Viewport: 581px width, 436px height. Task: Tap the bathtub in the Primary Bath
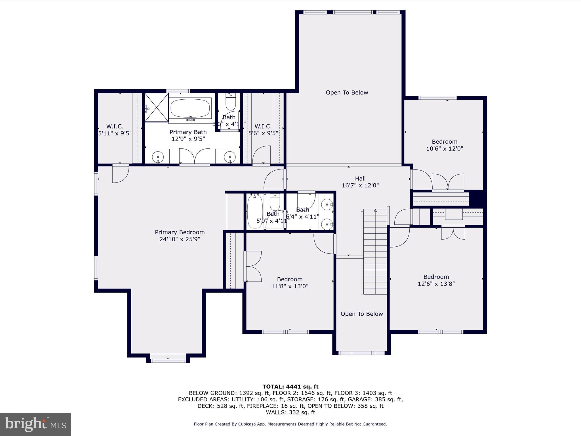pos(190,108)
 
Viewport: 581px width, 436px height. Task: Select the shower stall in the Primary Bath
pos(157,107)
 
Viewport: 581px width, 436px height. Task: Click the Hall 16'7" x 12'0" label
pos(360,182)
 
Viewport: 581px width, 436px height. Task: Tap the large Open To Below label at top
pos(347,93)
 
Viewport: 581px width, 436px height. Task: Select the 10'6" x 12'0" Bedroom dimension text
pos(445,148)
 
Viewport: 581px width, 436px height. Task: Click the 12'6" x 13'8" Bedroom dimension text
pos(436,284)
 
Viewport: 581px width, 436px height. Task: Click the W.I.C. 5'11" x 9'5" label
pos(115,130)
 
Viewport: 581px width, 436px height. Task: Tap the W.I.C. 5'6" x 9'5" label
pos(263,130)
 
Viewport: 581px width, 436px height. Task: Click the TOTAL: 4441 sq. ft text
pos(290,387)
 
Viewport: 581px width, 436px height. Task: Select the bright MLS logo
pos(35,424)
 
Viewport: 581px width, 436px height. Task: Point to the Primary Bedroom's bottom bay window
pos(168,360)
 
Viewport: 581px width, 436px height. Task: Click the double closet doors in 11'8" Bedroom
pos(253,266)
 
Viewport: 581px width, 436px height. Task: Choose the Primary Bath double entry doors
pos(195,156)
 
